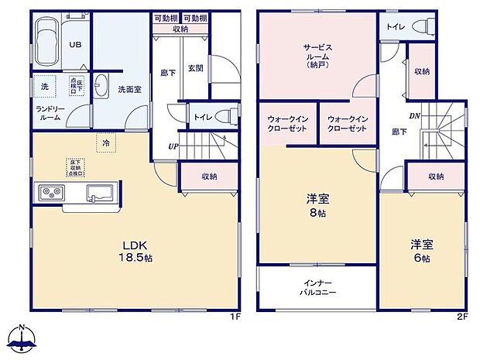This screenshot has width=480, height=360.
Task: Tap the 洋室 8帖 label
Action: (x=317, y=204)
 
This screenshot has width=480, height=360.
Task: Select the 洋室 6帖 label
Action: (x=421, y=251)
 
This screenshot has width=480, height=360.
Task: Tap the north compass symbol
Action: (x=23, y=339)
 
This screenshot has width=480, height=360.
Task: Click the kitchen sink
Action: (x=100, y=192)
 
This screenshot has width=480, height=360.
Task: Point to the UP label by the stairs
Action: (x=174, y=146)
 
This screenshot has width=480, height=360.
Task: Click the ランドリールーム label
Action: (x=49, y=114)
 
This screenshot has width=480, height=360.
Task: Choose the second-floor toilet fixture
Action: (x=423, y=26)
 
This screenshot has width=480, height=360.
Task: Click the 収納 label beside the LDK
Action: (x=209, y=177)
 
